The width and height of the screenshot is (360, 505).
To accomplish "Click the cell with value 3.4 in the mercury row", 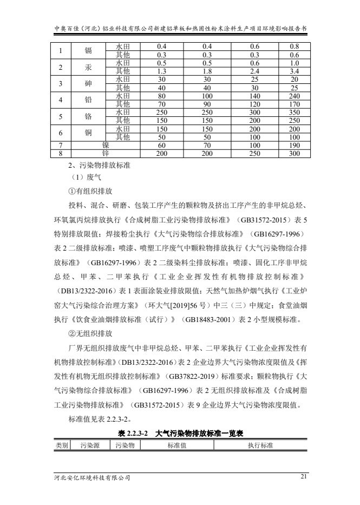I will [x=294, y=70].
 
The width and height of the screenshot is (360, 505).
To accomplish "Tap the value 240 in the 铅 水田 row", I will [x=294, y=95].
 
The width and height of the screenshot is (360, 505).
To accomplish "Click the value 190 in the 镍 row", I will [x=294, y=146].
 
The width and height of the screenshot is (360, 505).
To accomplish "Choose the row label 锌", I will [x=106, y=154].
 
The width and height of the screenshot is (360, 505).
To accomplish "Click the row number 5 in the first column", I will [x=62, y=116].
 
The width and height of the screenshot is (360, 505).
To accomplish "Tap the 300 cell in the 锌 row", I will [x=294, y=154].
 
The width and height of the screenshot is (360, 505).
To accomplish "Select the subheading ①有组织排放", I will [x=90, y=191].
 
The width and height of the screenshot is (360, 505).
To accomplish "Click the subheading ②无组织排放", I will [x=90, y=333].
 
